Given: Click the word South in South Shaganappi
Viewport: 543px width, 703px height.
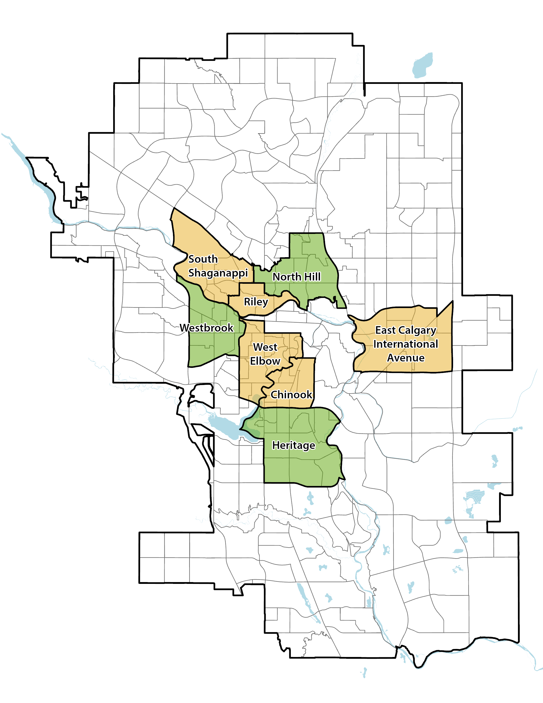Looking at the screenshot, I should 203,259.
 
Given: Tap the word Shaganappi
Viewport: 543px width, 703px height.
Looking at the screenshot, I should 218,273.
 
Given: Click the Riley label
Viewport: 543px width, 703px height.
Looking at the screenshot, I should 256,302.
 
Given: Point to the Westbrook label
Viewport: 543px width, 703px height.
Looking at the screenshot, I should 206,328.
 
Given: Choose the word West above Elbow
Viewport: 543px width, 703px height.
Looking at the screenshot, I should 265,347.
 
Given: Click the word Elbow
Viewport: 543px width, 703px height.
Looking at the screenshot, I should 265,361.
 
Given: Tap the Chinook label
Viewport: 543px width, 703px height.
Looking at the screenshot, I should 291,395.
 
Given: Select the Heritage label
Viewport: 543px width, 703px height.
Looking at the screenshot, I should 293,446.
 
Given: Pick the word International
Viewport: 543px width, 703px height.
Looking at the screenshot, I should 406,344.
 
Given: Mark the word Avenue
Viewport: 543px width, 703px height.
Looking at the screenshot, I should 406,358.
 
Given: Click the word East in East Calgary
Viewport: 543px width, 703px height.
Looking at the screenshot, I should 385,330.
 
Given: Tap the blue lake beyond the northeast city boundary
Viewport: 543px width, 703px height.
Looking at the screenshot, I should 422,66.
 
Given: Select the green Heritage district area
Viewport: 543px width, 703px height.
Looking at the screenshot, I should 299,467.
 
